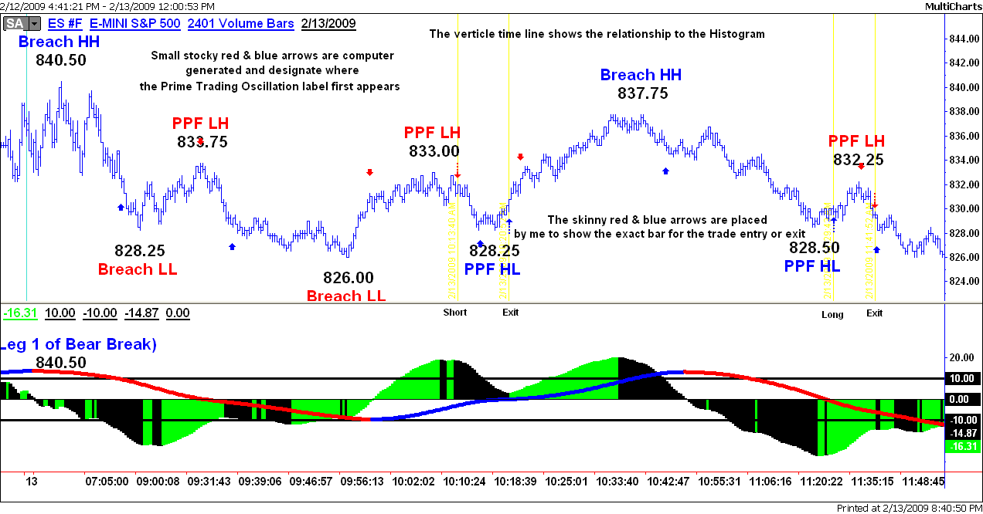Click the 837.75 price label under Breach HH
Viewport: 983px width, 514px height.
[x=642, y=93]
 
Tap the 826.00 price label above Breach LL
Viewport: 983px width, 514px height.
[x=347, y=278]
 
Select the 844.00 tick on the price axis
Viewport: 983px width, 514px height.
[x=963, y=39]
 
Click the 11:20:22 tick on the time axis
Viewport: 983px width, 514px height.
[x=821, y=481]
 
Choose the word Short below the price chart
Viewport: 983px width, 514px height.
[x=455, y=313]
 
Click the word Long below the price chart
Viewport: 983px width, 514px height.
[x=832, y=314]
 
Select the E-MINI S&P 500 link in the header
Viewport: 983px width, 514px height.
[x=135, y=23]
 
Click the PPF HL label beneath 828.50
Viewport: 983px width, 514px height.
[x=812, y=266]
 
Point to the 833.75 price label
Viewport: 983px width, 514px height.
[x=202, y=142]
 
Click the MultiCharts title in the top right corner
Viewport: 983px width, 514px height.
[x=952, y=6]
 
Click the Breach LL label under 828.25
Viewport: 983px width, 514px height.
[x=138, y=269]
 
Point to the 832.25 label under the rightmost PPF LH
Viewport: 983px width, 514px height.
[x=858, y=160]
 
